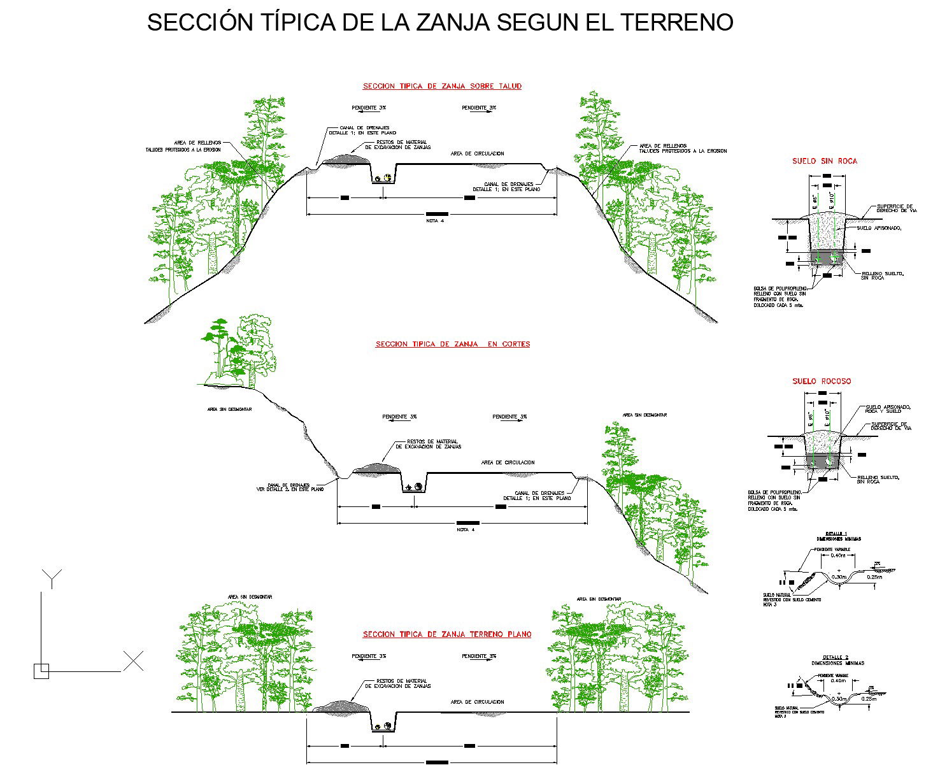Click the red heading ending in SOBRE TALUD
[x=442, y=86]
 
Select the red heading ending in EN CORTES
[x=452, y=344]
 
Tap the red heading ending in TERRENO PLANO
[x=447, y=634]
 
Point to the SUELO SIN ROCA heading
[x=825, y=161]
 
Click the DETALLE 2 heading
[x=836, y=657]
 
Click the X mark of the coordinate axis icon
[x=133, y=661]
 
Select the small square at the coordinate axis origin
[x=41, y=671]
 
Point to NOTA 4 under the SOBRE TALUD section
[x=435, y=221]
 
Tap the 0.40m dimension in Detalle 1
[x=839, y=555]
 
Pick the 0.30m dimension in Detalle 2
[x=839, y=699]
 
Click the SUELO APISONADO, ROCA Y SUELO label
[x=888, y=409]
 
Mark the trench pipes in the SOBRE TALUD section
[x=383, y=178]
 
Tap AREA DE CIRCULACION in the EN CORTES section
[x=508, y=462]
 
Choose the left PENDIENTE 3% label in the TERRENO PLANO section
[x=369, y=656]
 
